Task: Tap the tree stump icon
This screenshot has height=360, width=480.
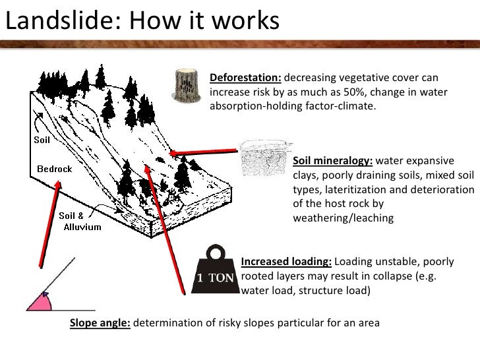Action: [186, 86]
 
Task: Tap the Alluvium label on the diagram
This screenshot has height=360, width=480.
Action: [82, 227]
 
